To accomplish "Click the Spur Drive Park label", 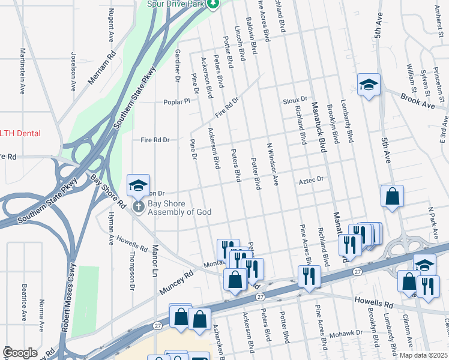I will tap(177, 4).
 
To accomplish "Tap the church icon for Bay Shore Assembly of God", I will tap(138, 206).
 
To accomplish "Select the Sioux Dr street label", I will tap(295, 99).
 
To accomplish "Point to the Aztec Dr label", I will tap(312, 179).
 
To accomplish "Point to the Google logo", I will tap(20, 353).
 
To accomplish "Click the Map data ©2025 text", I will tap(423, 355).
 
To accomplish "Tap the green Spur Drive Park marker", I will tap(213, 4).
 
